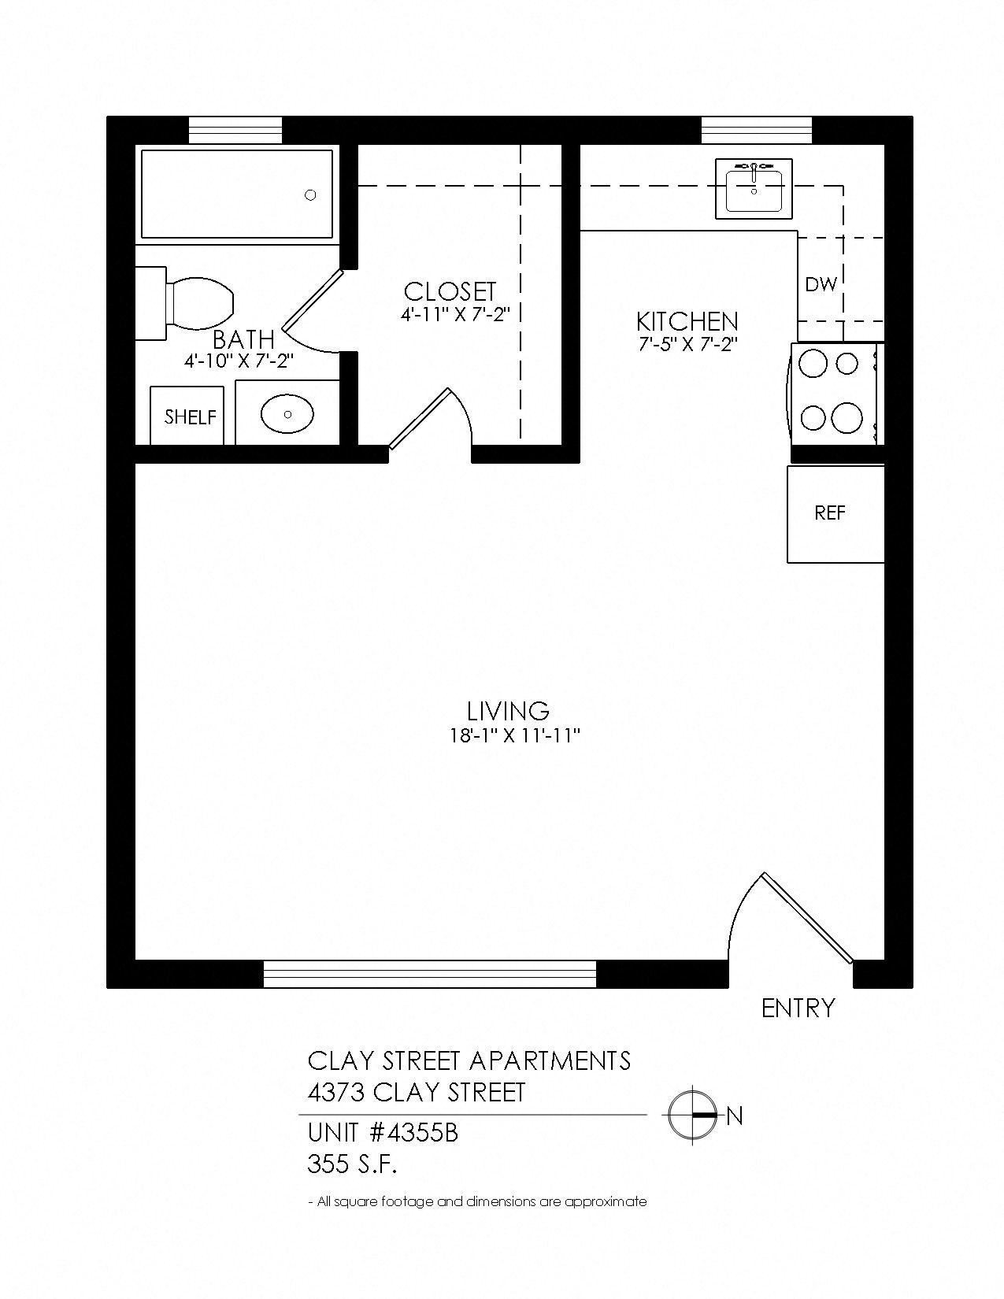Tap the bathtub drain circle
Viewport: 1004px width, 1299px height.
tap(310, 195)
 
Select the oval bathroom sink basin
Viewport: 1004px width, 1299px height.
tap(287, 413)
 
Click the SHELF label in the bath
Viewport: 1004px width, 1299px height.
tap(190, 416)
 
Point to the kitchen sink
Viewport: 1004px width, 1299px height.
tap(754, 189)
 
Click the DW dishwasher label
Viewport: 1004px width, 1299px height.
tap(821, 284)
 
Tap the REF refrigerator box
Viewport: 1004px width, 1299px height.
tap(835, 514)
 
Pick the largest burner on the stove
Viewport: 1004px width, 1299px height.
tap(847, 417)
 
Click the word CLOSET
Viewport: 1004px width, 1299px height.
tap(450, 292)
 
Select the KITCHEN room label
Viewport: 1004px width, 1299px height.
tap(687, 322)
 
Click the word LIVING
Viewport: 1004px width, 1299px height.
tap(508, 712)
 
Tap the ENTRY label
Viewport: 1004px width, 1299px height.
tap(798, 1008)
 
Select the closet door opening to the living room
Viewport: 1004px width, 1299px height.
tap(419, 419)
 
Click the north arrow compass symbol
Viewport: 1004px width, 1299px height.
tap(692, 1116)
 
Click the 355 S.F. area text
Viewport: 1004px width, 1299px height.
tap(352, 1164)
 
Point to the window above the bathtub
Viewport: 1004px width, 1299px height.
tap(235, 131)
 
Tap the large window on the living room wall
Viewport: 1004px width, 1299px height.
tap(430, 974)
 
